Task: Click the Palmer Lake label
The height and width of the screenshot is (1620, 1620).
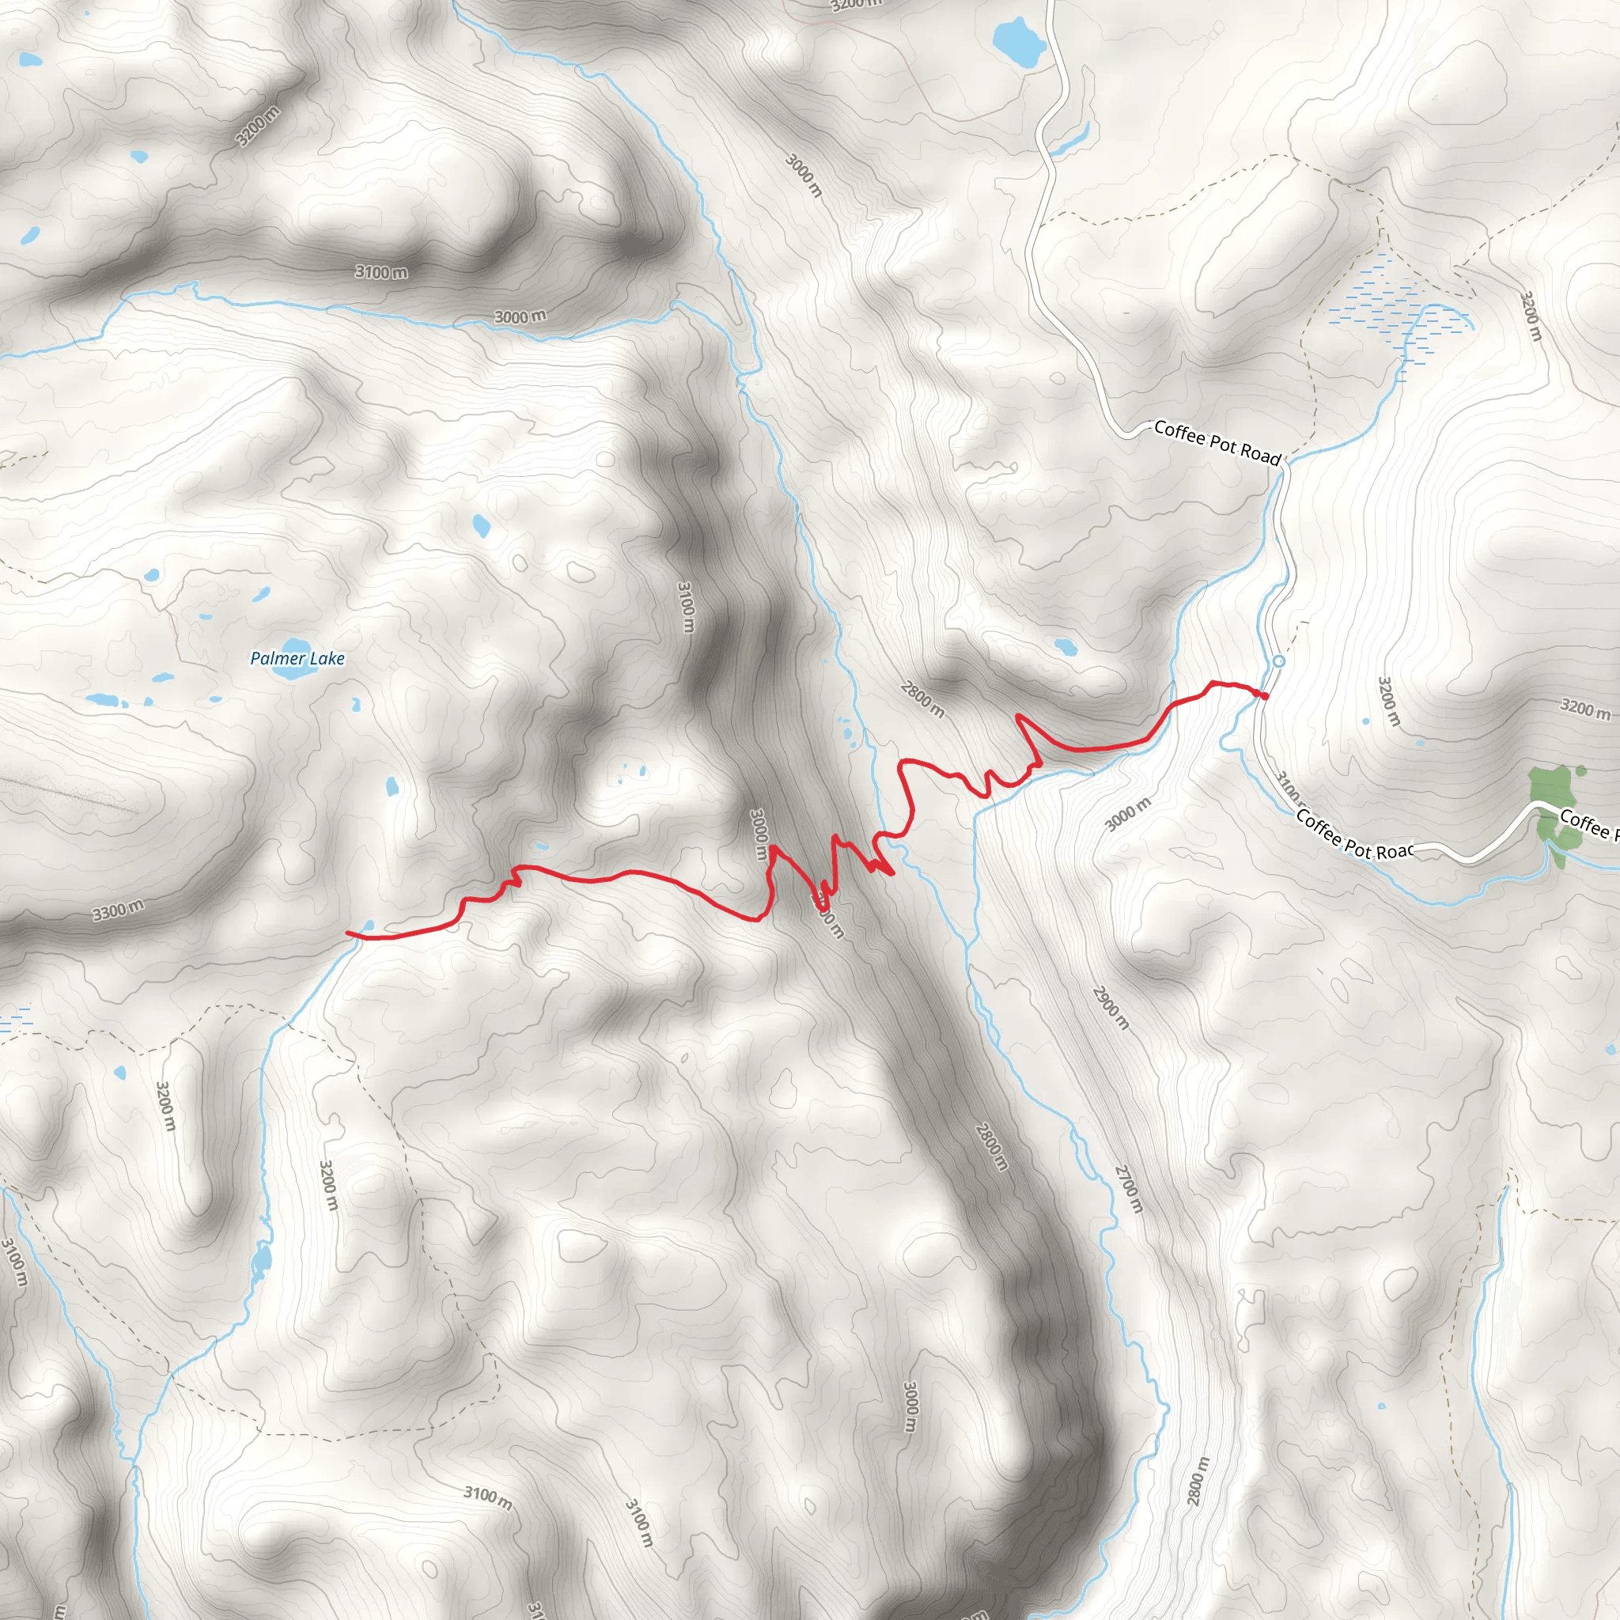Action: (297, 658)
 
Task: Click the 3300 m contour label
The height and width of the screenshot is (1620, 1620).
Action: (117, 910)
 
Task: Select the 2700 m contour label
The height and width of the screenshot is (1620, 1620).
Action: (1129, 1188)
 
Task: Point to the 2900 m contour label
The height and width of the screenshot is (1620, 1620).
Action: (1111, 1008)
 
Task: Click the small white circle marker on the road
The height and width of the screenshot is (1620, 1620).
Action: (1279, 661)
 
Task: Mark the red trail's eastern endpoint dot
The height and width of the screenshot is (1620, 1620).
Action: (1263, 695)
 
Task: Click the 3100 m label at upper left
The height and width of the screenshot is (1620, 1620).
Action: (380, 271)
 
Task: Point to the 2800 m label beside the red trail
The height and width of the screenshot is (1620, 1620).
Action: (922, 699)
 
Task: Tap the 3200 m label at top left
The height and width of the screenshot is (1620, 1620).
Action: (257, 127)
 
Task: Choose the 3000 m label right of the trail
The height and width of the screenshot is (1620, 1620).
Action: (1128, 814)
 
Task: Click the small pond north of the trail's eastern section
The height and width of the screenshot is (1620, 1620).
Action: (1065, 646)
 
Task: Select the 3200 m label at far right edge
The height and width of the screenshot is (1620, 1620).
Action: (1584, 708)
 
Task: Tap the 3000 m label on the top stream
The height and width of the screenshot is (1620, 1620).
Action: (520, 316)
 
